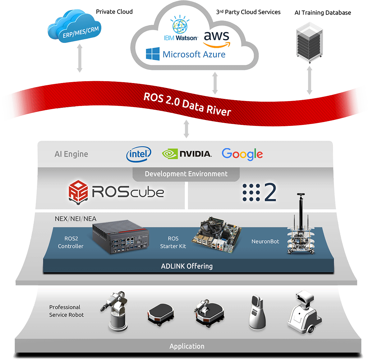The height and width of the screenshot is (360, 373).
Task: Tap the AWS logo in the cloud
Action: click(x=216, y=39)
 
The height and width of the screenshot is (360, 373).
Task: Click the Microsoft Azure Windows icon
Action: click(x=153, y=54)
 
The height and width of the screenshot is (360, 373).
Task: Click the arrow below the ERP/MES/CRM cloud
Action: click(x=80, y=58)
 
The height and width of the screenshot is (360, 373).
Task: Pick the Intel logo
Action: click(x=139, y=154)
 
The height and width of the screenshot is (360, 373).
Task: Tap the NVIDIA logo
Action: click(x=187, y=154)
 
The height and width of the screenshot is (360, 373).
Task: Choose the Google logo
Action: click(x=242, y=154)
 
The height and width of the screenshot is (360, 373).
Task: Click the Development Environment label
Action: click(x=186, y=174)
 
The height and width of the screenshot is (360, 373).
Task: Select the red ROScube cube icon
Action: click(x=78, y=192)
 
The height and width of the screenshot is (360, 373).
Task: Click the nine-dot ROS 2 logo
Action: click(x=251, y=192)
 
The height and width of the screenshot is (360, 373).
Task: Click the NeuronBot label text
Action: click(x=265, y=242)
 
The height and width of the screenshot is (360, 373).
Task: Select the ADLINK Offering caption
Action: click(x=187, y=266)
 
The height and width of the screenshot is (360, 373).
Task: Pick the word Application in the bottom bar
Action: click(x=187, y=346)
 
